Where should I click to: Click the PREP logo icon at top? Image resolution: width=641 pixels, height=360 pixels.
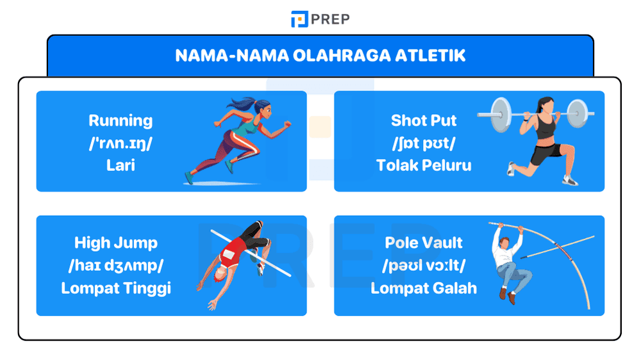click(x=299, y=19)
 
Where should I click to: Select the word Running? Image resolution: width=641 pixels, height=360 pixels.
click(x=121, y=120)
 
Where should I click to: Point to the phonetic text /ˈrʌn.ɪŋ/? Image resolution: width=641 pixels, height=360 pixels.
click(x=121, y=142)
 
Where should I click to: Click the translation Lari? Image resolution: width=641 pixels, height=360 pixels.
click(x=121, y=165)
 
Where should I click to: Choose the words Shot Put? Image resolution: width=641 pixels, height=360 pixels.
click(x=424, y=120)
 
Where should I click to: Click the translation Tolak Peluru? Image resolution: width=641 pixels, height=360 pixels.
click(x=424, y=165)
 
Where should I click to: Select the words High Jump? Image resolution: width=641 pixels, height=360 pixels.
click(x=116, y=243)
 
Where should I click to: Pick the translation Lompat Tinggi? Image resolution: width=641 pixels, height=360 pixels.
click(x=116, y=288)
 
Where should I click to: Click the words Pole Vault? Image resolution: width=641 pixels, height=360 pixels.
click(x=424, y=243)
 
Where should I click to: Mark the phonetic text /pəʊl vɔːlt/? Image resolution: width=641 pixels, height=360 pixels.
click(x=424, y=265)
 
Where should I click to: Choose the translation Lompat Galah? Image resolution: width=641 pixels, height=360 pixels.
click(x=424, y=288)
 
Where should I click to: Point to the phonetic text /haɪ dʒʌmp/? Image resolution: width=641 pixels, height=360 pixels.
click(x=116, y=265)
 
